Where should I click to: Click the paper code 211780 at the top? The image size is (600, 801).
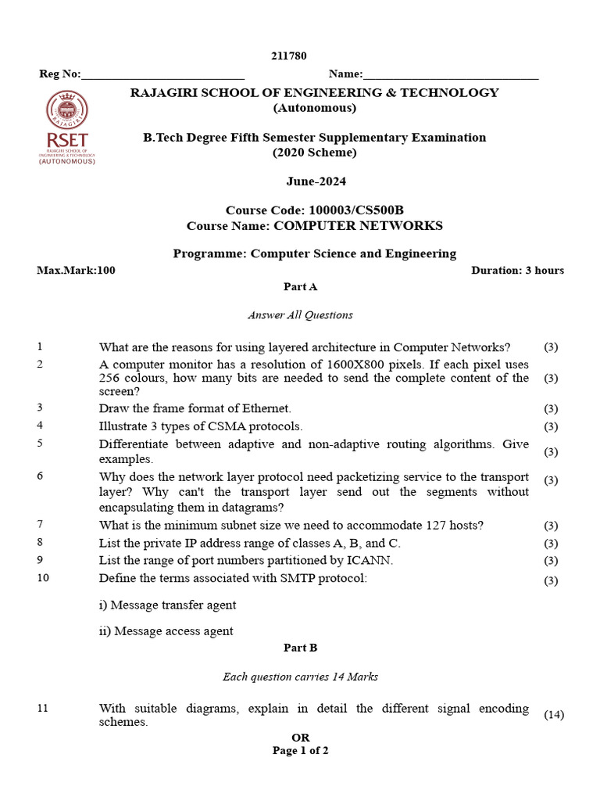click(x=288, y=56)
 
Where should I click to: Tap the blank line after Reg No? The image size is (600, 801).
click(x=162, y=75)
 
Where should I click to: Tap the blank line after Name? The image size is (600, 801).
click(x=451, y=75)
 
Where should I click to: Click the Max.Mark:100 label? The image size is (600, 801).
click(x=76, y=271)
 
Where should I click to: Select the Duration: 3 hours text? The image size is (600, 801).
click(x=517, y=271)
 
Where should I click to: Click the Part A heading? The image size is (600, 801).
click(x=300, y=287)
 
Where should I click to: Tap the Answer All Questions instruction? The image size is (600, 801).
click(x=300, y=315)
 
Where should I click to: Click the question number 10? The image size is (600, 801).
click(x=43, y=578)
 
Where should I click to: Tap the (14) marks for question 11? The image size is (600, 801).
click(x=553, y=715)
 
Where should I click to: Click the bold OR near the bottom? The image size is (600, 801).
click(x=300, y=738)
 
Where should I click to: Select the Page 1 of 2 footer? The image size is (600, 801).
click(x=300, y=751)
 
